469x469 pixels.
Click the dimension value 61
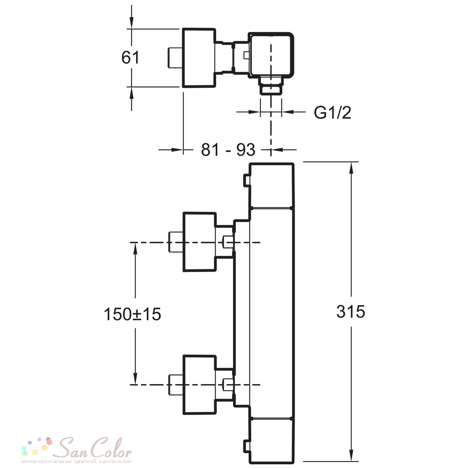click(130, 57)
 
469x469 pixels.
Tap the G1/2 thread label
click(333, 113)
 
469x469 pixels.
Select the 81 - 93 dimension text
click(228, 150)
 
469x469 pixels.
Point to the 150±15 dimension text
click(132, 314)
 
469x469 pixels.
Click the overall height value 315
click(350, 311)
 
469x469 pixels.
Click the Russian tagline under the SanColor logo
click(76, 461)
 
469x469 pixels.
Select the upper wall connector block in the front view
click(199, 242)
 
